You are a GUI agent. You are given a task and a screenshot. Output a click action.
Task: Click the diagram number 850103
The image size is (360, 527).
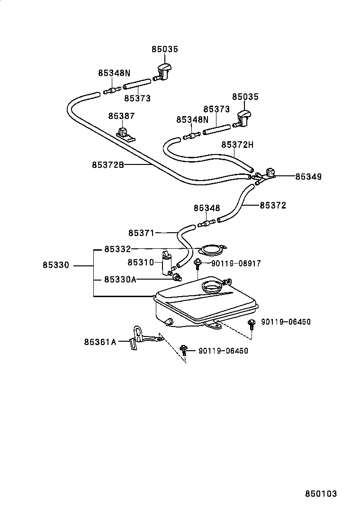(x=320, y=493)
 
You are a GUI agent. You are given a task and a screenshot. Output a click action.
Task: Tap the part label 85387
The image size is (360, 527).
(x=121, y=116)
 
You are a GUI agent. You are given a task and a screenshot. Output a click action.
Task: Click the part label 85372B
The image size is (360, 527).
(x=108, y=165)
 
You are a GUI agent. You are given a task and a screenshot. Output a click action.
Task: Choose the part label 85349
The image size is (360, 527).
(x=308, y=176)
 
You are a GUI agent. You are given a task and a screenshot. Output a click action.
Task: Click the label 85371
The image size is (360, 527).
(x=142, y=233)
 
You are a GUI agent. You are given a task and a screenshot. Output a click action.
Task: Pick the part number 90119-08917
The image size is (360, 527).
(x=235, y=263)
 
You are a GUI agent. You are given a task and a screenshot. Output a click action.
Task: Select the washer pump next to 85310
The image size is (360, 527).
(x=167, y=263)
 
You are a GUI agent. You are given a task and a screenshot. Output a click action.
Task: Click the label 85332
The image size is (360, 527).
(x=117, y=249)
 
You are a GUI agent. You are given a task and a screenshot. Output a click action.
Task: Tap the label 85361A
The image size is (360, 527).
(x=100, y=341)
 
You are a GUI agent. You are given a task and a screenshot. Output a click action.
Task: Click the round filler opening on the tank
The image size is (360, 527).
(x=211, y=286)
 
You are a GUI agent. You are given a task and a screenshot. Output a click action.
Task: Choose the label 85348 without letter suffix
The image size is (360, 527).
(x=207, y=208)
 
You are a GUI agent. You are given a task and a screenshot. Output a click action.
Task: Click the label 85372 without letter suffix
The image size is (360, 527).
(x=273, y=206)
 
